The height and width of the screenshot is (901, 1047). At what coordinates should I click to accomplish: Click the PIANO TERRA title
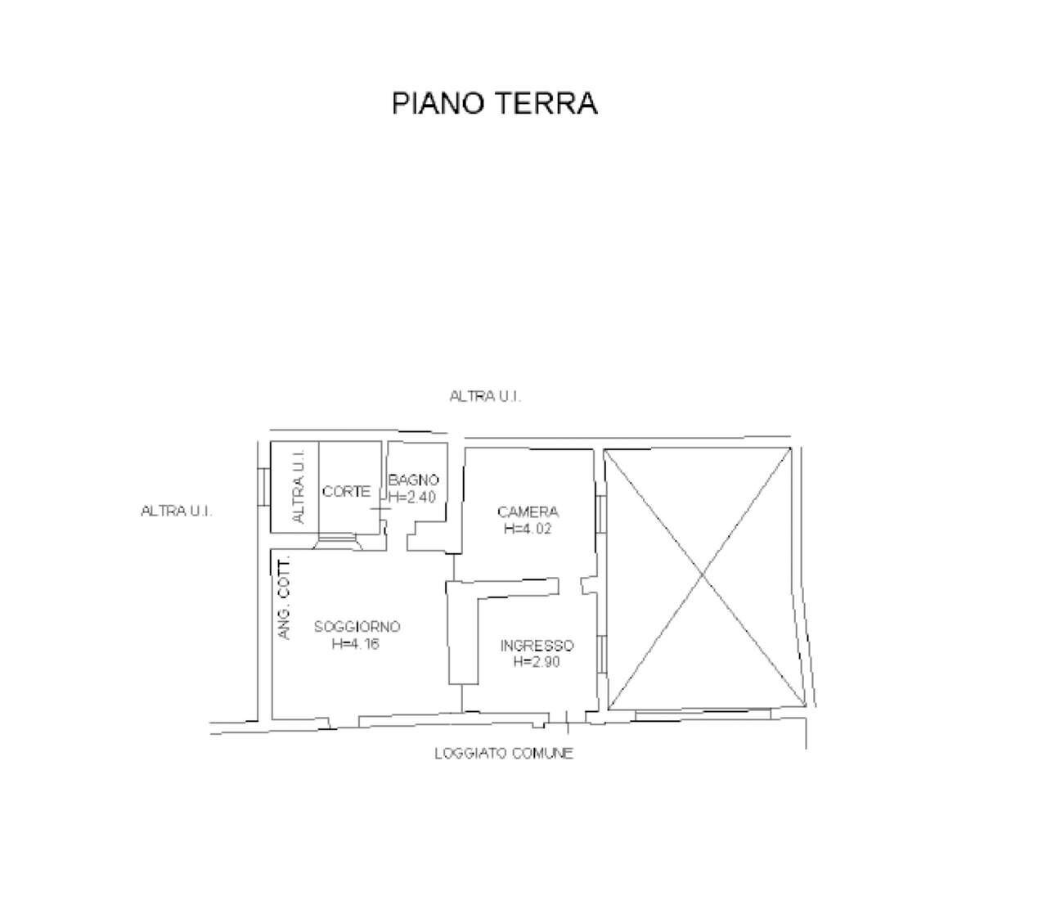[x=494, y=104]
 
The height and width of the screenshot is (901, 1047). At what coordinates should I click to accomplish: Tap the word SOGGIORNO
[x=357, y=627]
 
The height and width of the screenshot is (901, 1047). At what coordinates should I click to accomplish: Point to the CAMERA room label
[x=528, y=512]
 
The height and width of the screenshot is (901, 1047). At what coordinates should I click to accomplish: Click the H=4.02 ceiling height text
[x=528, y=529]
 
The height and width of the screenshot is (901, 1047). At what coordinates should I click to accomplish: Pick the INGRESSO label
[x=537, y=646]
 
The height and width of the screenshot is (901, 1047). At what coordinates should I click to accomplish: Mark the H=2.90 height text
[x=537, y=663]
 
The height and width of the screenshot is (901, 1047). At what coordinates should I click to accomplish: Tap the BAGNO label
[x=414, y=480]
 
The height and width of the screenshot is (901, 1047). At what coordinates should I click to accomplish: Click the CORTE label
[x=346, y=492]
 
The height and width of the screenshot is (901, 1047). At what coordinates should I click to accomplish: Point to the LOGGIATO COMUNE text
[x=504, y=754]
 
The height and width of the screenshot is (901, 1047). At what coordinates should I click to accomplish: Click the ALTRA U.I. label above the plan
[x=486, y=396]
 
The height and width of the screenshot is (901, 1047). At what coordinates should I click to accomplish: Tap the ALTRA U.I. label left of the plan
[x=177, y=511]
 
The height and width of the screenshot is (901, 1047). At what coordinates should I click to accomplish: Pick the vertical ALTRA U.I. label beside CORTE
[x=299, y=486]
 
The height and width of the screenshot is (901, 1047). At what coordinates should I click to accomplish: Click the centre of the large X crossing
[x=702, y=579]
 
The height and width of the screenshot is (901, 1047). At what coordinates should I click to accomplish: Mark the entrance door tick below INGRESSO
[x=567, y=718]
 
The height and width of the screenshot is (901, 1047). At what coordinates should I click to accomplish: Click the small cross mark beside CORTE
[x=381, y=509]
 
